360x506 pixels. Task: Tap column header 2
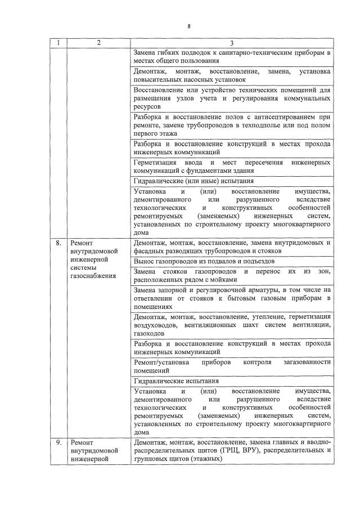(x=98, y=43)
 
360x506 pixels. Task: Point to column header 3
(x=232, y=43)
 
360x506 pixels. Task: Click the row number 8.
(x=58, y=244)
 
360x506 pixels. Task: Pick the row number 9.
(x=58, y=442)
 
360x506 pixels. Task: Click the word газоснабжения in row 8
(x=93, y=276)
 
